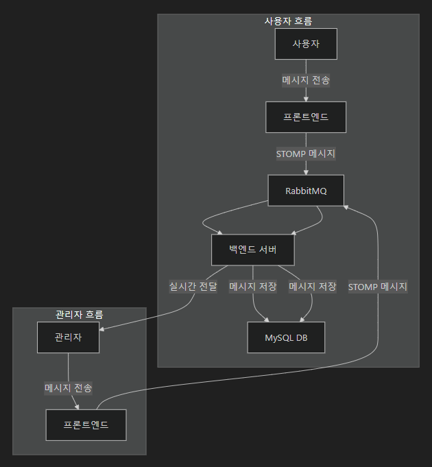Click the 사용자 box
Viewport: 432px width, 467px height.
306,44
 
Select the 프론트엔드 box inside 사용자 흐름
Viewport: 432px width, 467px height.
306,117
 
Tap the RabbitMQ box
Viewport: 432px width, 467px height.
306,191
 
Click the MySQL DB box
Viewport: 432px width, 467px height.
286,337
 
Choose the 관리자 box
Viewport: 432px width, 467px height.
68,337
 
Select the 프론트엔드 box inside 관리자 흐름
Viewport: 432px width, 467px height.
86,425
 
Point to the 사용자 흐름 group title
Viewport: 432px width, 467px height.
288,21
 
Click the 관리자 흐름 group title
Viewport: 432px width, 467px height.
80,315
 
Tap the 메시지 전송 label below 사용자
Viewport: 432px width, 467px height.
306,80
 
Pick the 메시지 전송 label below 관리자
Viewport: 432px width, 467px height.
69,388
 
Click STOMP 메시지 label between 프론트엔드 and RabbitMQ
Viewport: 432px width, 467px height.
306,154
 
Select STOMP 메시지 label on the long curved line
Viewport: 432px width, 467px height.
378,287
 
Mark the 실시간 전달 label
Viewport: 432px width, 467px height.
193,287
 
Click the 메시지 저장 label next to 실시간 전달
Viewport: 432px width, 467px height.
253,287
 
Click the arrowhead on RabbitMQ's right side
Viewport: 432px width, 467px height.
347,206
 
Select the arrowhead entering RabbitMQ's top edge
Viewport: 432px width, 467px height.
306,172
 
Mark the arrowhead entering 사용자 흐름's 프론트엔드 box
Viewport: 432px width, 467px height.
306,99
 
